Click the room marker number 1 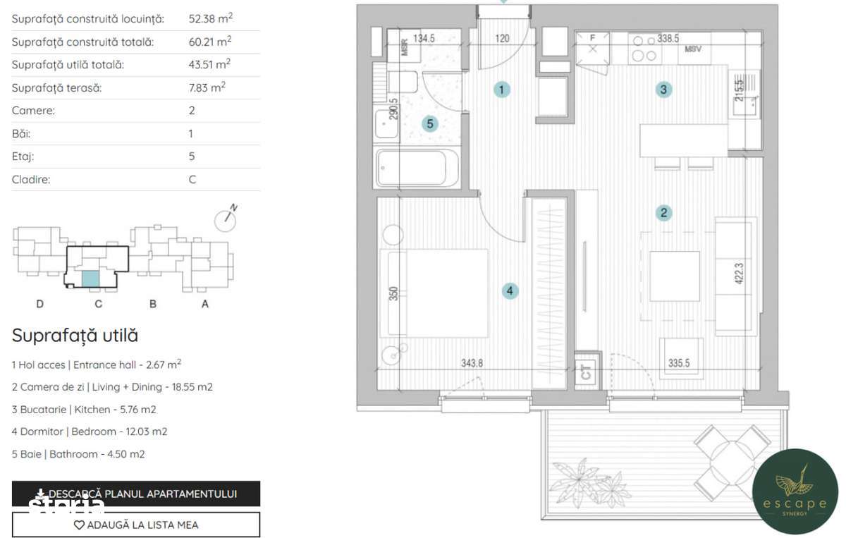click(x=501, y=90)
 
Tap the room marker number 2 click(x=663, y=212)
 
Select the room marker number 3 click(x=663, y=90)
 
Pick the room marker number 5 click(x=429, y=124)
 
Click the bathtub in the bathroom click(x=417, y=168)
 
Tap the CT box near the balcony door click(x=585, y=372)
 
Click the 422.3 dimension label click(x=739, y=274)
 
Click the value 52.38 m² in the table click(x=211, y=19)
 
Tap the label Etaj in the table click(x=23, y=157)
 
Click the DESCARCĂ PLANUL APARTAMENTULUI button click(x=136, y=494)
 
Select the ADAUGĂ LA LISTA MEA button click(x=136, y=525)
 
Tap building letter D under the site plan click(x=40, y=304)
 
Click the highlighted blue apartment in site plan click(x=90, y=279)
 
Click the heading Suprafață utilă click(x=75, y=336)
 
